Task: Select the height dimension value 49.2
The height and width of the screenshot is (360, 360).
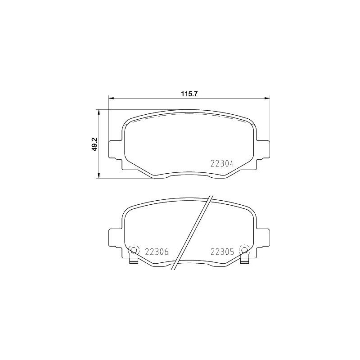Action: coord(94,144)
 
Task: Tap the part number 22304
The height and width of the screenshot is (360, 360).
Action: coord(222,164)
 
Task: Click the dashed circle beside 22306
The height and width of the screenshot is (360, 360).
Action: coord(134,250)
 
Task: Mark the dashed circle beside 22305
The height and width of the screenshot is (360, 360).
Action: coord(244,250)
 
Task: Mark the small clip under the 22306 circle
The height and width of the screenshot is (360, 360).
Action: coord(134,261)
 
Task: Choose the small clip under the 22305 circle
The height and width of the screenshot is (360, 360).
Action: coord(244,261)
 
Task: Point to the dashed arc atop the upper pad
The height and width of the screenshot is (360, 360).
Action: coord(189,114)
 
